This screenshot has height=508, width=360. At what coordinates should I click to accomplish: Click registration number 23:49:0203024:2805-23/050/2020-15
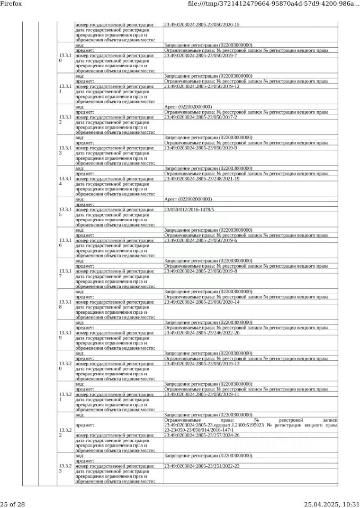(x=202, y=25)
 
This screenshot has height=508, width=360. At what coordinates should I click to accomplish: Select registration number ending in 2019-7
(x=200, y=56)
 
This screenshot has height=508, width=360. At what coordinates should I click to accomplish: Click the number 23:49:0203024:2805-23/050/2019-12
(x=202, y=86)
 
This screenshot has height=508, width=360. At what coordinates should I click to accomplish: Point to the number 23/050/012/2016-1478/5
(x=189, y=210)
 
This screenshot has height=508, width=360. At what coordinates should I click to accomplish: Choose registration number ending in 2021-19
(x=202, y=179)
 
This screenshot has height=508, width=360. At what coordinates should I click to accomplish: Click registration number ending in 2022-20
(x=202, y=333)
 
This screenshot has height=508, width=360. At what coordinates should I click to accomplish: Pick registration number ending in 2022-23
(x=202, y=466)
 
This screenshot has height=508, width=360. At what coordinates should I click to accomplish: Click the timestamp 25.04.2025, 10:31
(x=331, y=504)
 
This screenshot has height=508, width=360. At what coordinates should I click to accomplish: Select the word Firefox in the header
(x=11, y=4)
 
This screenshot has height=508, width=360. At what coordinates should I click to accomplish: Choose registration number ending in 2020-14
(x=202, y=302)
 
